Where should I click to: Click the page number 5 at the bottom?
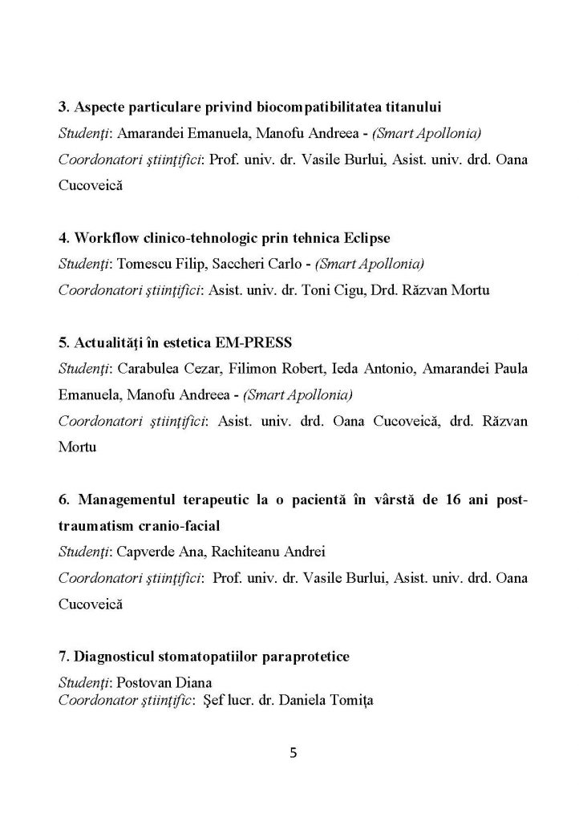click(x=293, y=753)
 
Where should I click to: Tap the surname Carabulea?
click(x=149, y=368)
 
